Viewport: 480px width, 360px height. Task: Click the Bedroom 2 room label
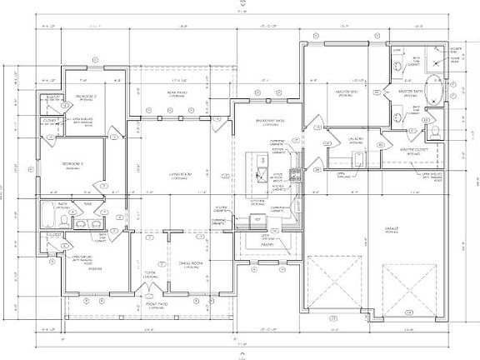(x=86, y=97)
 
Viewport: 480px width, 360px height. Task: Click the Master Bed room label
(x=343, y=92)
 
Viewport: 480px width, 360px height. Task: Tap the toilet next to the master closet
(x=435, y=131)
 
